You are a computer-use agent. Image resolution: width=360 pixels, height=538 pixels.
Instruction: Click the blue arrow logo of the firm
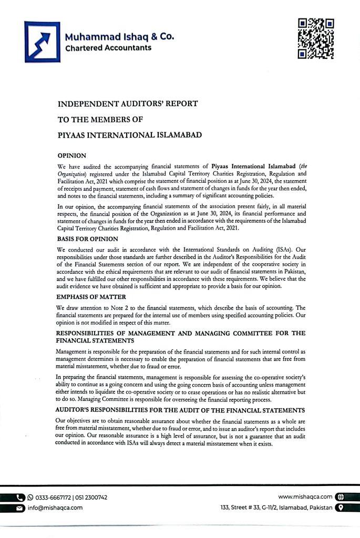tap(43, 42)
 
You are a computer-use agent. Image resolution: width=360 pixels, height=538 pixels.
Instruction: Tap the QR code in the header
tap(316, 38)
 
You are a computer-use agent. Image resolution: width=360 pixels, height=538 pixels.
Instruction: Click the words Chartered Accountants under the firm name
tap(108, 48)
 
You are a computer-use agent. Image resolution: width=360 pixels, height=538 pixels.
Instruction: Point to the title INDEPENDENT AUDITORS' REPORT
tap(128, 104)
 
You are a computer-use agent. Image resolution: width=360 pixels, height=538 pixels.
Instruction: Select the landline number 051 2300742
tap(92, 497)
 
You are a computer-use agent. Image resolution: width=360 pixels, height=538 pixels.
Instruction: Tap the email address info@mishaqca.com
tap(55, 508)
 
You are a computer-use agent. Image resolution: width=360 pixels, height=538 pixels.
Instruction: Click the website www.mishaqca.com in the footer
tap(305, 496)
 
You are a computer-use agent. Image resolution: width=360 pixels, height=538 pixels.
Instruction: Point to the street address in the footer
tap(276, 508)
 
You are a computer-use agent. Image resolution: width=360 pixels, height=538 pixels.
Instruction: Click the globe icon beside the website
tap(340, 496)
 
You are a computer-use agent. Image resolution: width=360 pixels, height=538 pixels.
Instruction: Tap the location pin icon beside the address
tap(340, 508)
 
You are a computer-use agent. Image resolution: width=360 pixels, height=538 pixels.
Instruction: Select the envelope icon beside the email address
tap(20, 508)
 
